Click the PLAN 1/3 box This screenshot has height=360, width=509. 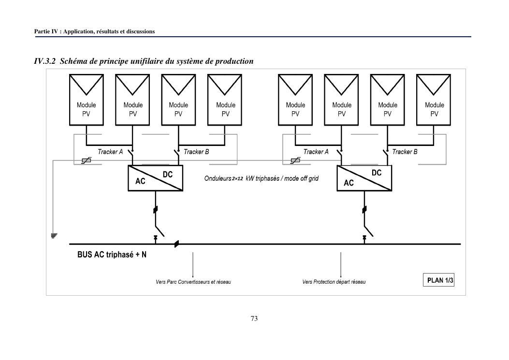click(x=440, y=280)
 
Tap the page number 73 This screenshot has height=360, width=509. click(x=254, y=318)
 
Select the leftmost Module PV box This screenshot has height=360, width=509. click(x=87, y=100)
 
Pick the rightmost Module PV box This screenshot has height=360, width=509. click(x=434, y=100)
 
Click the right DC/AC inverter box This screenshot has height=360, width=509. click(x=364, y=178)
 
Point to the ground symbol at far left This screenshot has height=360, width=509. click(x=54, y=236)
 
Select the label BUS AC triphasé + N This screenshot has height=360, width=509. click(x=112, y=255)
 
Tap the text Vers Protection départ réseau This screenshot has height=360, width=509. click(x=334, y=282)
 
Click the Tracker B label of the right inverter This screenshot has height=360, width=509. click(x=405, y=152)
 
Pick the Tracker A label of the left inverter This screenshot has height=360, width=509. click(x=110, y=152)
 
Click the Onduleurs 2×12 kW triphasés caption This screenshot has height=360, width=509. click(x=262, y=178)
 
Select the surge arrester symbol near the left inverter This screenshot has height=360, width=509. click(x=87, y=160)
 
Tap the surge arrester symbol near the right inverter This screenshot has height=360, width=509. click(x=294, y=160)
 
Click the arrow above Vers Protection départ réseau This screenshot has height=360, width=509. click(x=341, y=263)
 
